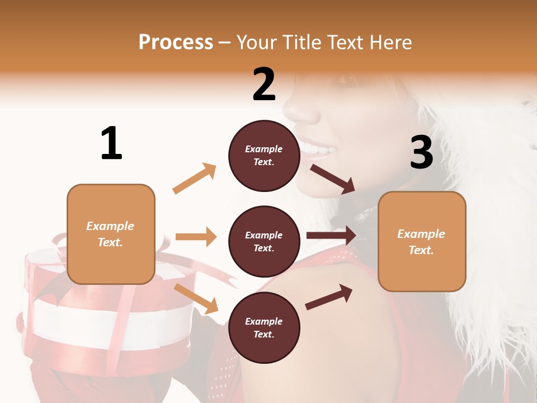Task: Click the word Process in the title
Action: (x=176, y=43)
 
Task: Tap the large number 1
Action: (x=111, y=143)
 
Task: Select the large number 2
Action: (x=264, y=85)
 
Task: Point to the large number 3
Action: (x=422, y=152)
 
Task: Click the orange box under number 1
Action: (x=111, y=234)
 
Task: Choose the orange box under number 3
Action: (x=422, y=242)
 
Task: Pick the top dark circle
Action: (x=264, y=156)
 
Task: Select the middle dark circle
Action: (x=264, y=242)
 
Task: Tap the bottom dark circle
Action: (x=264, y=328)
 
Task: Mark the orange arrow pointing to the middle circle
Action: (x=196, y=237)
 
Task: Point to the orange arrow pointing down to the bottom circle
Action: (x=196, y=298)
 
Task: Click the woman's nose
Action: (x=302, y=112)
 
